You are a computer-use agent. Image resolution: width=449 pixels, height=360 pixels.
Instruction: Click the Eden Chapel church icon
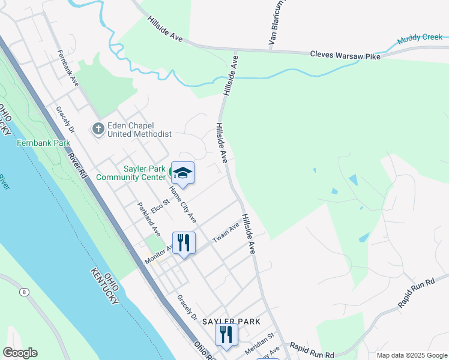(x=97, y=128)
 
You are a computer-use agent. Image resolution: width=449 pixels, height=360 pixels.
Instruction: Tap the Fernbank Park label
(x=43, y=143)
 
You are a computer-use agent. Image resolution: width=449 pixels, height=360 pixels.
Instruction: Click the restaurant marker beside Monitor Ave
(x=184, y=243)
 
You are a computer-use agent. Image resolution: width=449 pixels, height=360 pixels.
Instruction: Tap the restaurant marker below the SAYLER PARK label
(x=226, y=335)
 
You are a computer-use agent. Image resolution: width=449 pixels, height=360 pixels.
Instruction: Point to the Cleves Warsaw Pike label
(x=345, y=55)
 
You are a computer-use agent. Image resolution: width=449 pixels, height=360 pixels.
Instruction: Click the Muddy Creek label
(x=420, y=39)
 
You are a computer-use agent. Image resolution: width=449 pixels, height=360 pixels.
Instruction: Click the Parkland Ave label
(x=148, y=220)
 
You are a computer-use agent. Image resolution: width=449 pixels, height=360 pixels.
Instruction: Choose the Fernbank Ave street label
(x=68, y=68)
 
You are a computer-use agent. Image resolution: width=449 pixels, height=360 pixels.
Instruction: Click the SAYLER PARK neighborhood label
(x=231, y=322)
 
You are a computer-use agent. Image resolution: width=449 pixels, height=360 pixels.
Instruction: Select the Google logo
(x=20, y=353)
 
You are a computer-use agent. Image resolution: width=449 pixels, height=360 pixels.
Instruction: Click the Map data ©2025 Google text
(x=411, y=355)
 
